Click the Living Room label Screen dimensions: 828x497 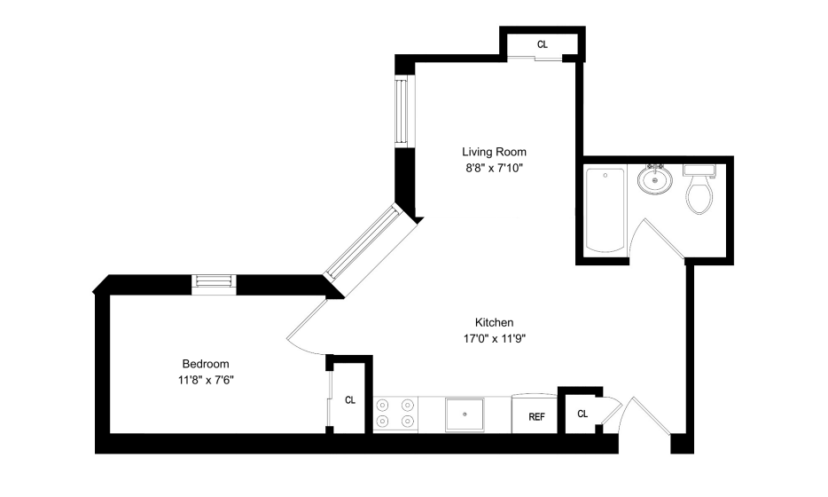(x=495, y=153)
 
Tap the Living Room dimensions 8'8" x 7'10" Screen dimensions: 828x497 (x=495, y=169)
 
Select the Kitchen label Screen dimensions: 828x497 (x=495, y=322)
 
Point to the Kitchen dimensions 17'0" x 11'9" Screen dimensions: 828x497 (x=495, y=339)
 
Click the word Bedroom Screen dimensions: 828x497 (x=206, y=364)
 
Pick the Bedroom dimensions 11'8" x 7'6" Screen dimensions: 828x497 (x=206, y=380)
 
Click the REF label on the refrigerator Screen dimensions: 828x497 (x=536, y=417)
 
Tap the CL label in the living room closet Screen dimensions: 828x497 (x=543, y=44)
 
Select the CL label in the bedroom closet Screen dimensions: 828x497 (x=350, y=400)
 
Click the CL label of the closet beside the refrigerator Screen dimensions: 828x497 (x=582, y=414)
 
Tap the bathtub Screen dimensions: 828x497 (x=605, y=210)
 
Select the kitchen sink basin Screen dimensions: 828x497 (x=465, y=414)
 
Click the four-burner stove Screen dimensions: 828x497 (x=395, y=414)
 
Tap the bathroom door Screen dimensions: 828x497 (x=663, y=239)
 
